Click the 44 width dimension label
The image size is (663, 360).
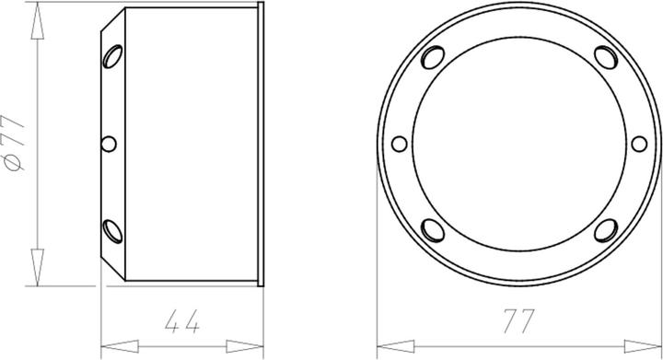(181, 321)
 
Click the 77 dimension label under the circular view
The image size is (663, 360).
(519, 321)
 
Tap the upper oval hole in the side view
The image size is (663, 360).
(112, 56)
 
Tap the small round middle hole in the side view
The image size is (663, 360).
(109, 144)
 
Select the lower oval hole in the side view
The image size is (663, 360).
(112, 231)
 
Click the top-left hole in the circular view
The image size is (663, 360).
(433, 57)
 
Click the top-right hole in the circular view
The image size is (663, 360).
(606, 57)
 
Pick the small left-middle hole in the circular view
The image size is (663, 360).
(399, 144)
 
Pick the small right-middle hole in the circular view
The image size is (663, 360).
(639, 144)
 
